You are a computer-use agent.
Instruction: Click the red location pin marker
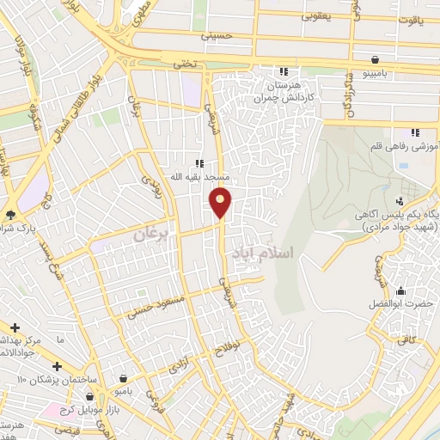221,202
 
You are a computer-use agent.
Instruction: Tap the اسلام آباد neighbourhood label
263,254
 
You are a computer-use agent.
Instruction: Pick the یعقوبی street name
314,14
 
